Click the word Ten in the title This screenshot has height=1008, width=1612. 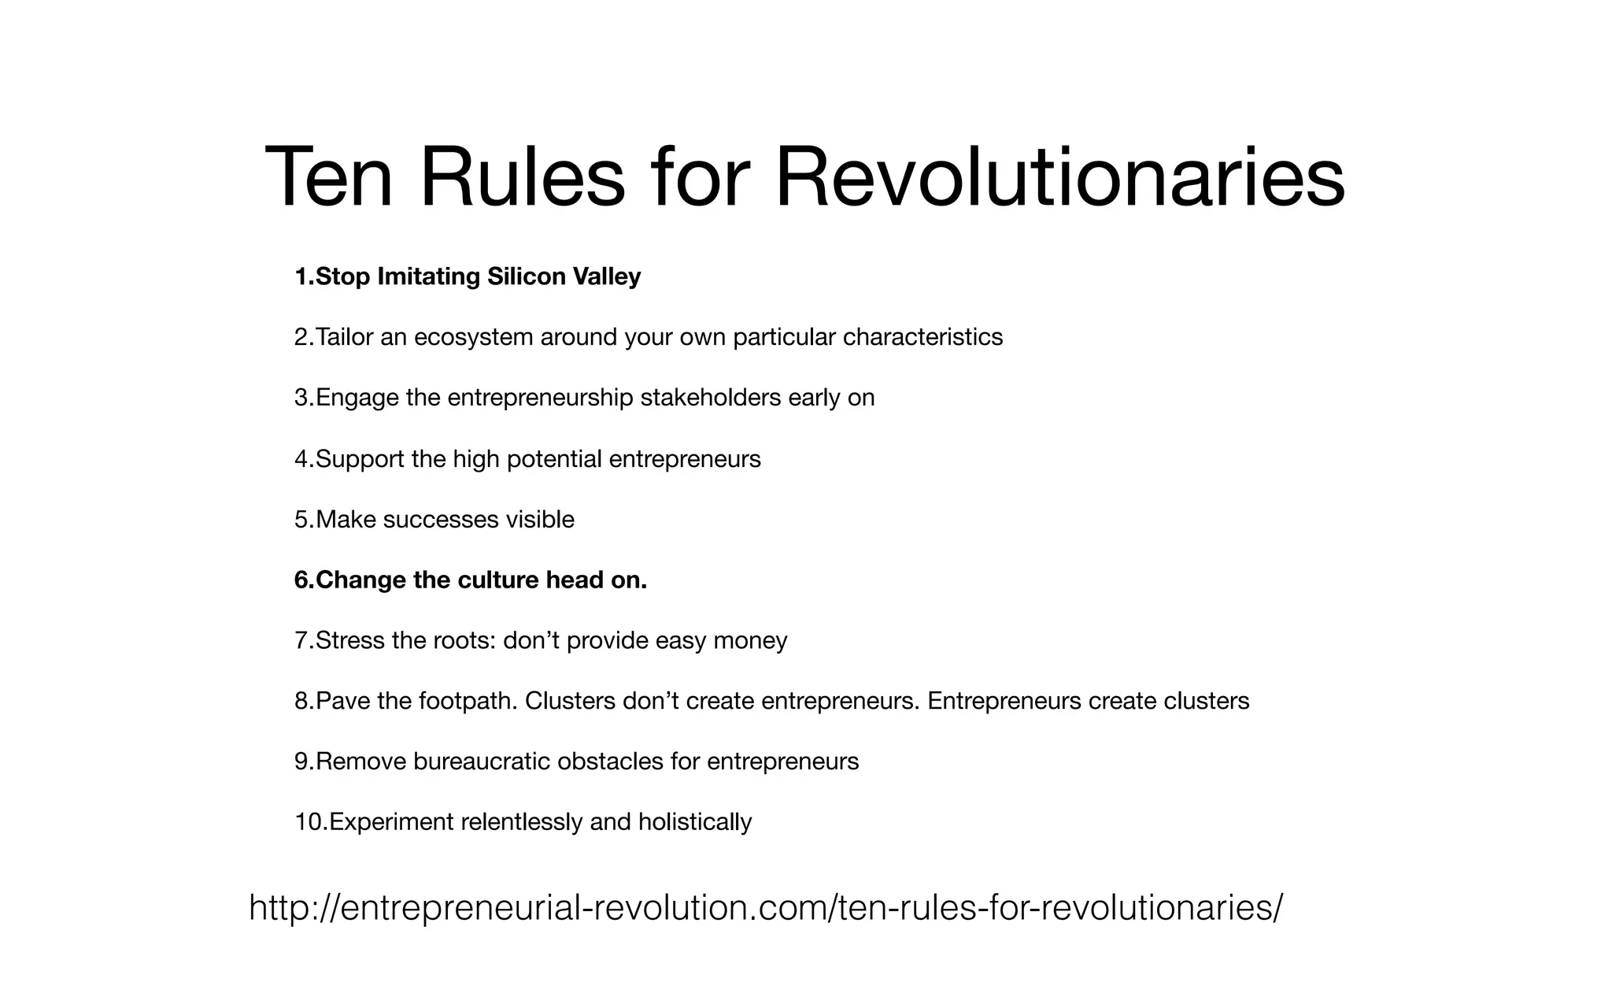pos(328,178)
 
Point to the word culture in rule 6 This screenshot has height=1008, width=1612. pos(497,580)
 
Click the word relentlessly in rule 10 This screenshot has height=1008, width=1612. pos(521,822)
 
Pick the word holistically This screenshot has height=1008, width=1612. pos(695,822)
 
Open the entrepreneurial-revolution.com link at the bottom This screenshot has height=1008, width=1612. pos(765,907)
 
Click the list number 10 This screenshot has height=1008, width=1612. pos(309,822)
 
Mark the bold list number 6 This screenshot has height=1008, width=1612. pos(303,580)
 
